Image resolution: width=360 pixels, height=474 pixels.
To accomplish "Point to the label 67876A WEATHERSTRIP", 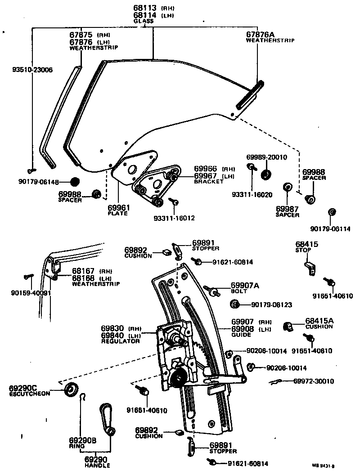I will (x=270, y=36).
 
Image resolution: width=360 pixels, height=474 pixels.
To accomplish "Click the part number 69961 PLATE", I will (x=117, y=208).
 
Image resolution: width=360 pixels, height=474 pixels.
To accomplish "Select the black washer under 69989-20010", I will (x=265, y=175).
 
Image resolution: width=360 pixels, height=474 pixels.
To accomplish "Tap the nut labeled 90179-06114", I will (x=332, y=212).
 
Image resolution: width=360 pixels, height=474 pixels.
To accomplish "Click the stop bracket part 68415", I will (x=310, y=268).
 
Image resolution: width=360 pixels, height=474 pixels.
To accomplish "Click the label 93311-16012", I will (x=174, y=219).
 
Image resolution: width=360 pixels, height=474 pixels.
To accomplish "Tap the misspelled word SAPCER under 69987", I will (x=287, y=215).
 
